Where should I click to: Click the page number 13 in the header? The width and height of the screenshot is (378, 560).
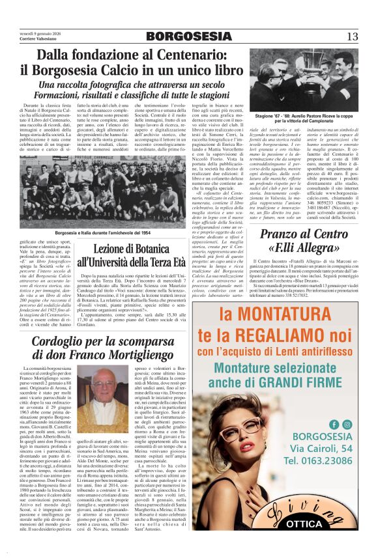tap(353, 36)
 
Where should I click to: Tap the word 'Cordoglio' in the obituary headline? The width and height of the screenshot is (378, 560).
tap(62, 340)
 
